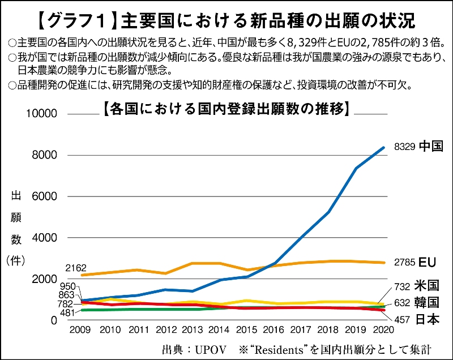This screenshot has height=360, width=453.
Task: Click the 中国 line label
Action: click(431, 147)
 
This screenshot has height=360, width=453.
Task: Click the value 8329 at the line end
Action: click(404, 147)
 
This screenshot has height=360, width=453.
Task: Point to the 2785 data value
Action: click(404, 263)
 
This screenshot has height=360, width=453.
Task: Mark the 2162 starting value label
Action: click(75, 267)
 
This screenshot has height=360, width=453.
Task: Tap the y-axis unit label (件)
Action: click(16, 261)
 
